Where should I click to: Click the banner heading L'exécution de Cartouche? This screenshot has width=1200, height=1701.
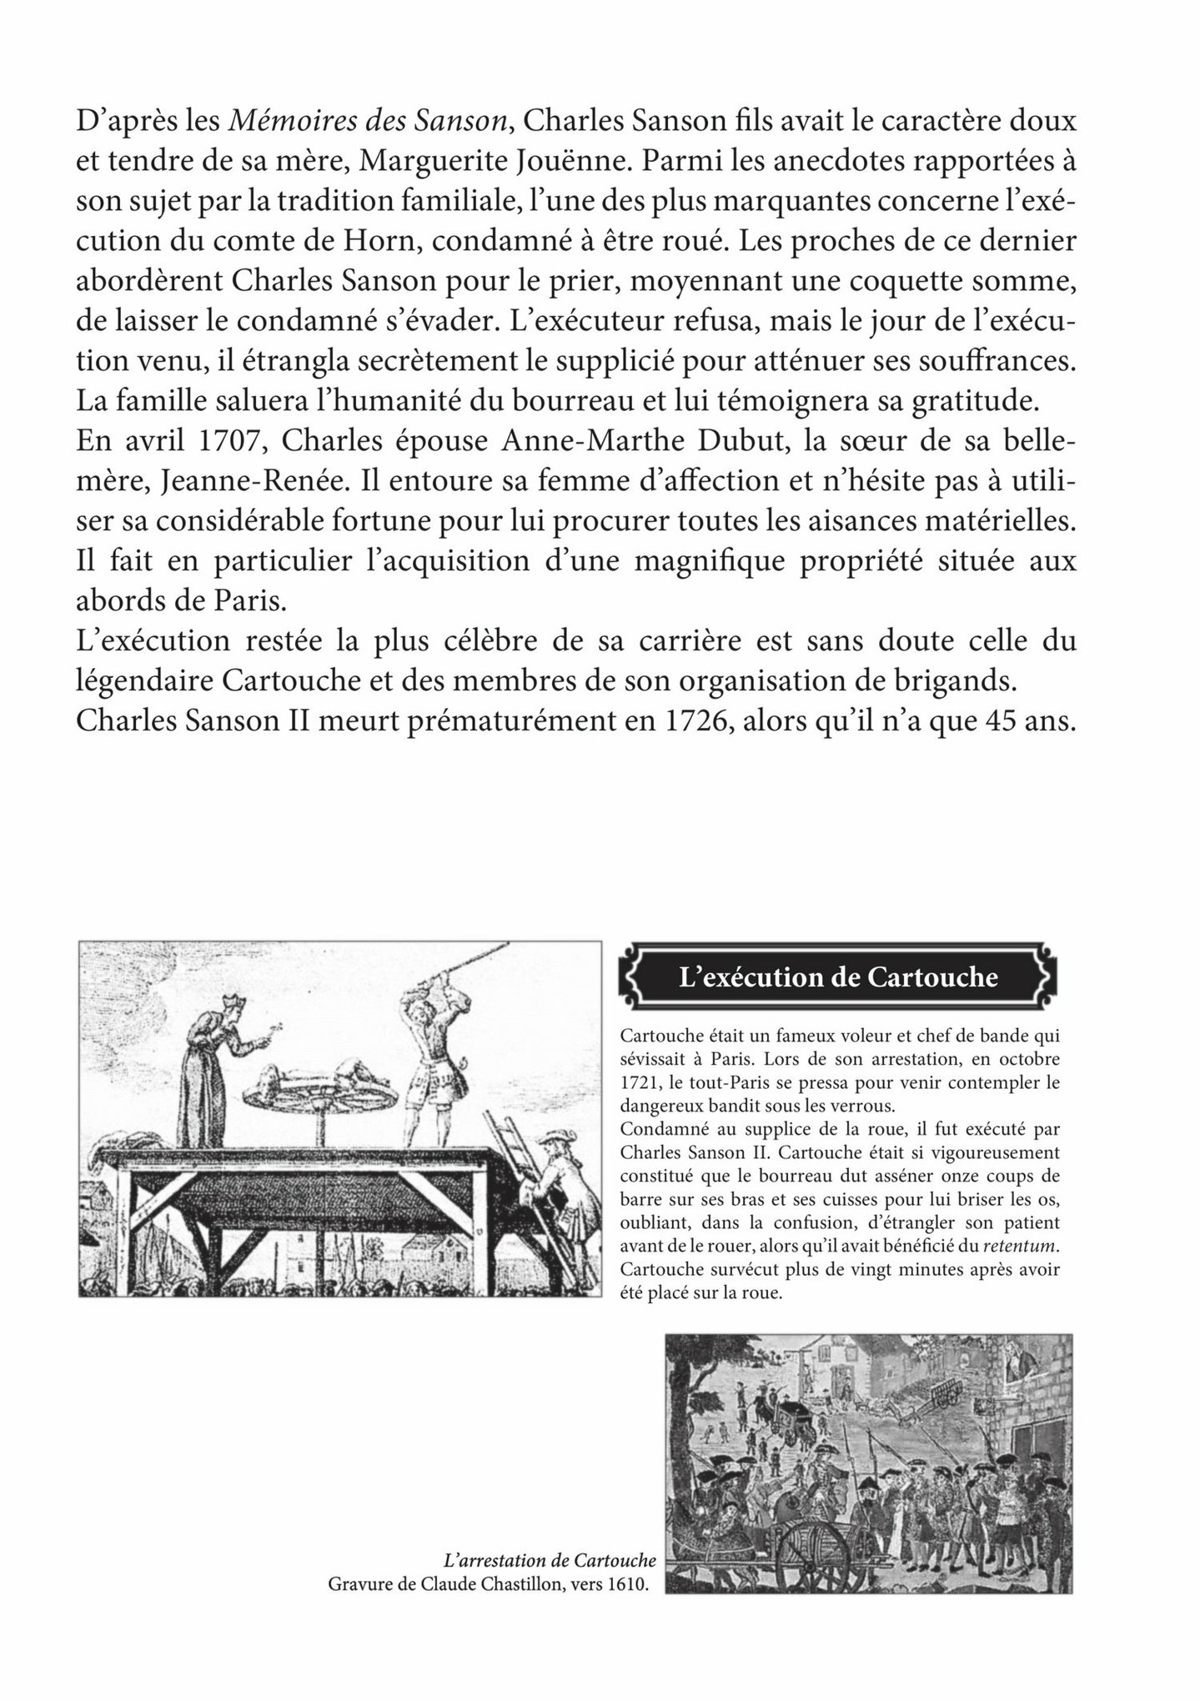click(838, 976)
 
